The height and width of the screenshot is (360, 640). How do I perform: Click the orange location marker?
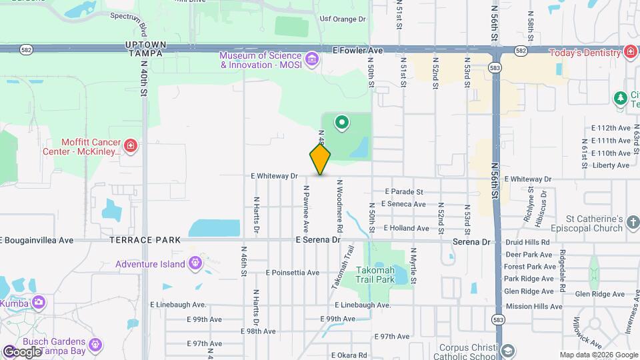[x=320, y=159]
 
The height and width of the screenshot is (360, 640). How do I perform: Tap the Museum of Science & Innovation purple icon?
[x=311, y=60]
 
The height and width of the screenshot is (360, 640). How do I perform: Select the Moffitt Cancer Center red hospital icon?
[x=130, y=145]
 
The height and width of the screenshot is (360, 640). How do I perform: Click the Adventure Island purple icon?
[x=195, y=263]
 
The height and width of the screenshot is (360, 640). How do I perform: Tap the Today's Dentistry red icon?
[x=630, y=52]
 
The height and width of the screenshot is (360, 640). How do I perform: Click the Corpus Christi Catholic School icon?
[x=507, y=351]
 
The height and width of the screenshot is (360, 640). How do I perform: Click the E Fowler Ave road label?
[x=358, y=50]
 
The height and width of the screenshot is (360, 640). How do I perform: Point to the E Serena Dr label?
[x=318, y=239]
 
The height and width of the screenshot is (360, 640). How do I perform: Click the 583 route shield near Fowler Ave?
[x=494, y=68]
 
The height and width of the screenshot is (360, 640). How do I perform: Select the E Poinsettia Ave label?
[x=292, y=273]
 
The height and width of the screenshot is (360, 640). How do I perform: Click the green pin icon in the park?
[x=342, y=122]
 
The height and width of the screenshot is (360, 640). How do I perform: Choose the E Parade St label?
[x=403, y=192]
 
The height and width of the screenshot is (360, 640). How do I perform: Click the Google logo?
[x=21, y=351]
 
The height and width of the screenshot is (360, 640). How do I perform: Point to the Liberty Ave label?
[x=611, y=165]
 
